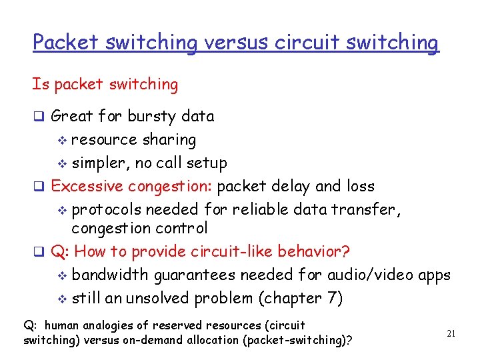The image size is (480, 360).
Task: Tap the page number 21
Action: tap(451, 333)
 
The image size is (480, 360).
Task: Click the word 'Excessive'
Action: tap(87, 186)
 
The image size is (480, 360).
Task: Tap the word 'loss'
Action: tap(360, 186)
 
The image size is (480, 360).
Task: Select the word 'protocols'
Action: tap(106, 210)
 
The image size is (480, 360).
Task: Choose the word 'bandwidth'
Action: tap(110, 275)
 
